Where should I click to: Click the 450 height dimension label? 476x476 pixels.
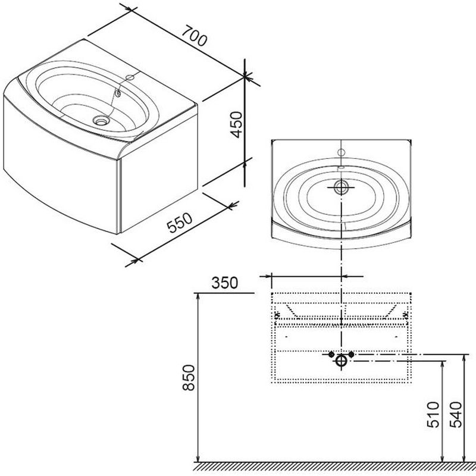(236, 124)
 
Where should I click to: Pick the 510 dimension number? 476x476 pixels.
(433, 414)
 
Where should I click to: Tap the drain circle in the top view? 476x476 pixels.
(342, 187)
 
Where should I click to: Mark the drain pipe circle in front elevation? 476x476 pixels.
(342, 361)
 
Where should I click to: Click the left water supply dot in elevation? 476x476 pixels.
(332, 355)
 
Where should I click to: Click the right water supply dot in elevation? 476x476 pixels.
(352, 355)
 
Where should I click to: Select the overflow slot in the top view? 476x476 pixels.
(342, 168)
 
